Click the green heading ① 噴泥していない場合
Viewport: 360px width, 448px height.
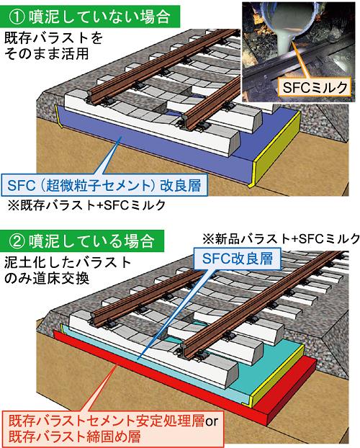point(90,17)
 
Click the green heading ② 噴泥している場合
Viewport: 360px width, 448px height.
point(82,241)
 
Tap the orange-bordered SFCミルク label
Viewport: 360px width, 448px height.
point(315,87)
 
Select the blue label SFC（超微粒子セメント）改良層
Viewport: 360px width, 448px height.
point(104,185)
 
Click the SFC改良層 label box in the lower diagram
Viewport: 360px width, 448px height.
point(238,259)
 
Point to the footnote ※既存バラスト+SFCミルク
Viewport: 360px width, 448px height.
point(86,205)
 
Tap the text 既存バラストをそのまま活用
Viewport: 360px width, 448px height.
point(53,45)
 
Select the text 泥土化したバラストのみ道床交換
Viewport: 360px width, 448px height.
point(68,271)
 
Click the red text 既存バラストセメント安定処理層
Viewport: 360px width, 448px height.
point(107,421)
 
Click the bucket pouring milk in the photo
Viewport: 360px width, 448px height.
point(289,15)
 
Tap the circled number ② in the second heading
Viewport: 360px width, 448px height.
point(17,241)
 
